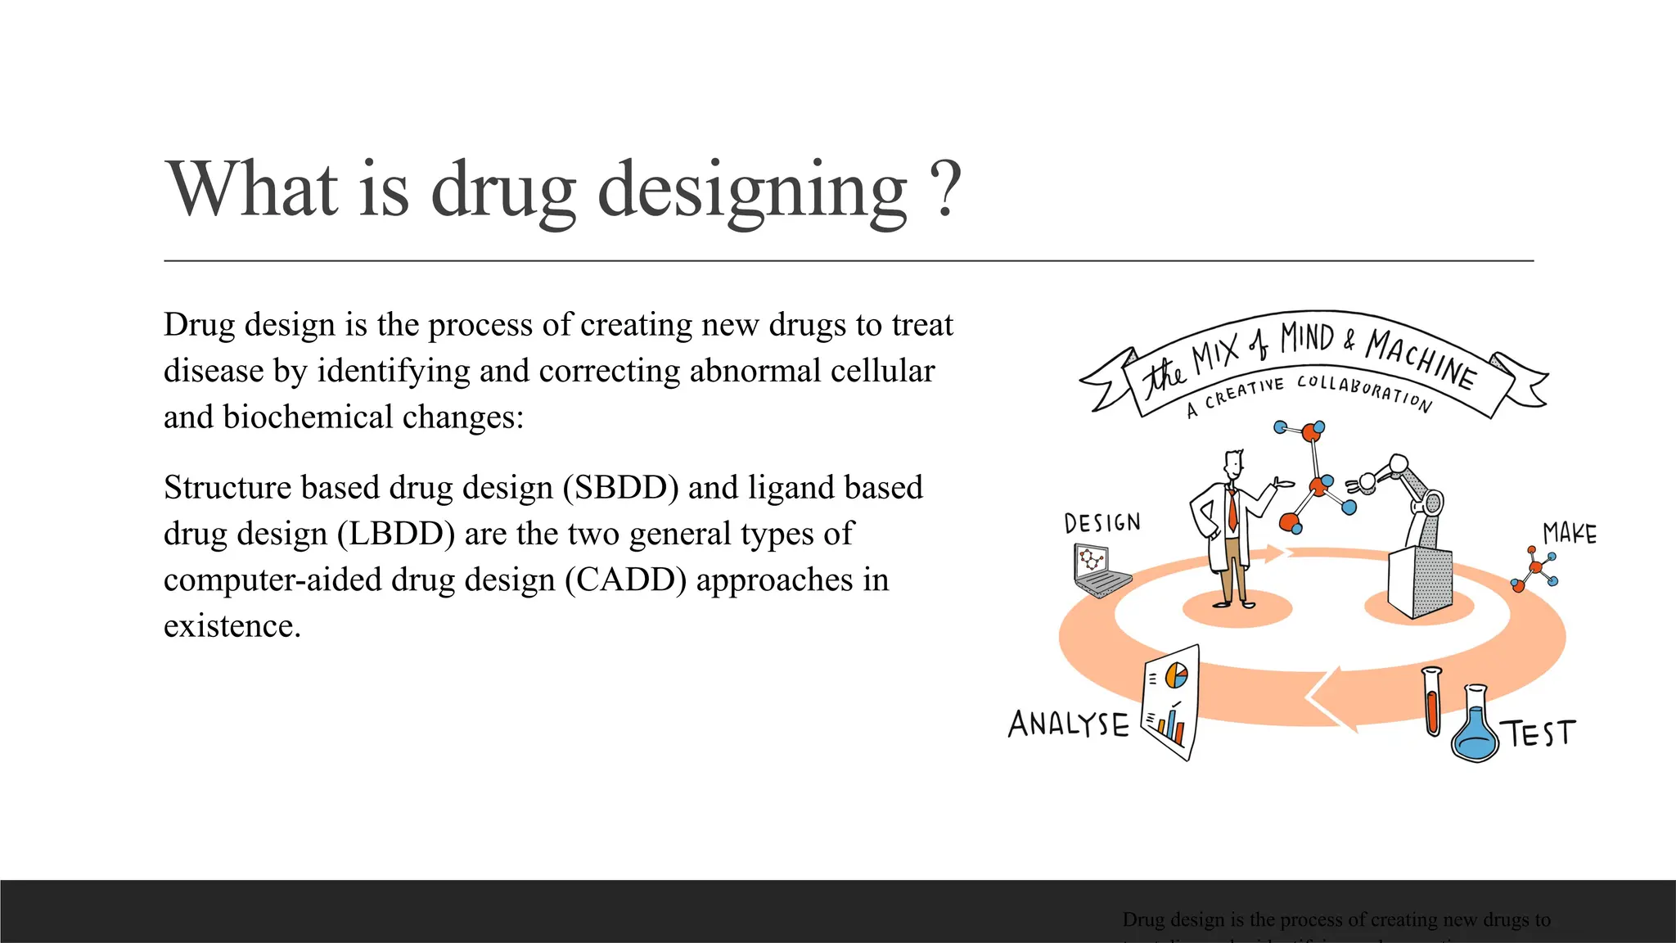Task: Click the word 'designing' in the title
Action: (x=753, y=190)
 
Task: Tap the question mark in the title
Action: (x=946, y=190)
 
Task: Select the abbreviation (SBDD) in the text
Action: (x=621, y=488)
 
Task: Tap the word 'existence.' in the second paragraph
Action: (x=232, y=626)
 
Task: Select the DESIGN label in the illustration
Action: (x=1102, y=523)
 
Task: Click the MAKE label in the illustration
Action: (x=1569, y=535)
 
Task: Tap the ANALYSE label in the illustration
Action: (x=1068, y=724)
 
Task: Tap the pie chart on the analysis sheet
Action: (x=1176, y=675)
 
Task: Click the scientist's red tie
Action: (x=1232, y=508)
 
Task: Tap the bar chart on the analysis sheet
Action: (x=1169, y=725)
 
